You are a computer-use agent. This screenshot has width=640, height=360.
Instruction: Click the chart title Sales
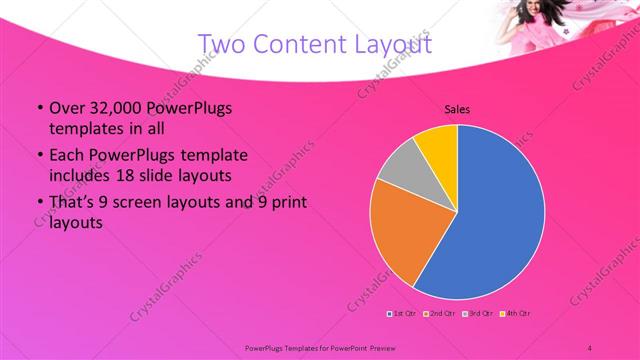pos(457,110)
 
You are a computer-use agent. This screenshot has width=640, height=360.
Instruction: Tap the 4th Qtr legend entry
pos(517,315)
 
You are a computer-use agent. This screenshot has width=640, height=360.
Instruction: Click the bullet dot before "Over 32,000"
pos(39,108)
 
